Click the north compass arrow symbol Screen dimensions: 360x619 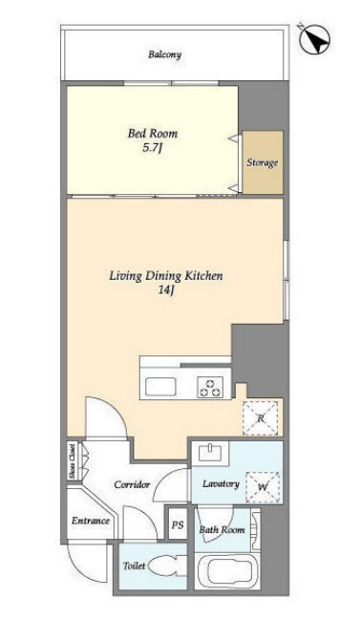314,40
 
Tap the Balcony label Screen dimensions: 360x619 164,54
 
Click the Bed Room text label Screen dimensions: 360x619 153,134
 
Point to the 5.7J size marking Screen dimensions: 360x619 153,149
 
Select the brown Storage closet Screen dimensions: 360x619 263,162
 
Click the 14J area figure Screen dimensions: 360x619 166,291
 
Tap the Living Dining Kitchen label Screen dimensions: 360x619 166,275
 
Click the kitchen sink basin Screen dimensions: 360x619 160,387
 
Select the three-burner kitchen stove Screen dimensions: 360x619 210,387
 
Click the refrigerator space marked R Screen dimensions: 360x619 261,418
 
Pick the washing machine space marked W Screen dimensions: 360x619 263,487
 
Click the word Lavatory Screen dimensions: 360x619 221,484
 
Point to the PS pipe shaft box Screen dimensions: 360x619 178,524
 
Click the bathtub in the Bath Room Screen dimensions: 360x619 227,570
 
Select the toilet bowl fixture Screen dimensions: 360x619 164,566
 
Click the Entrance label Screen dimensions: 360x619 91,521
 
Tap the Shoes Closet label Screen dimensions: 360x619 72,462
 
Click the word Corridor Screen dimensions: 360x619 132,484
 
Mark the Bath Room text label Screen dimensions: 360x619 222,530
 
